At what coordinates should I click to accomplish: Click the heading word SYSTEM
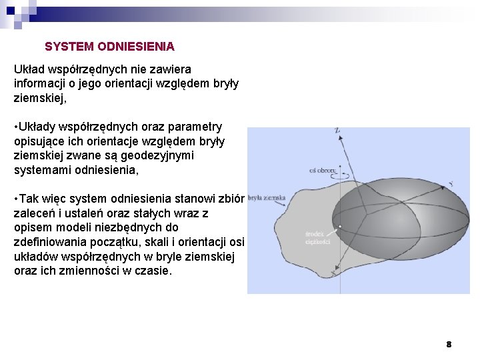click(x=69, y=47)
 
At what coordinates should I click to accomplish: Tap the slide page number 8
click(x=449, y=344)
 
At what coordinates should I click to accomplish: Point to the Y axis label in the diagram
click(x=451, y=183)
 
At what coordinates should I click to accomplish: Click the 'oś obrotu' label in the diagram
click(x=323, y=171)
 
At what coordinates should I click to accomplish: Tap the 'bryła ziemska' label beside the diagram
click(x=267, y=198)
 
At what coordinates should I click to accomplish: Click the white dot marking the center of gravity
click(x=339, y=227)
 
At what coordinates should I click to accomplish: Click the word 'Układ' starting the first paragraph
click(x=29, y=69)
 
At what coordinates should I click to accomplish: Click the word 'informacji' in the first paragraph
click(x=41, y=84)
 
